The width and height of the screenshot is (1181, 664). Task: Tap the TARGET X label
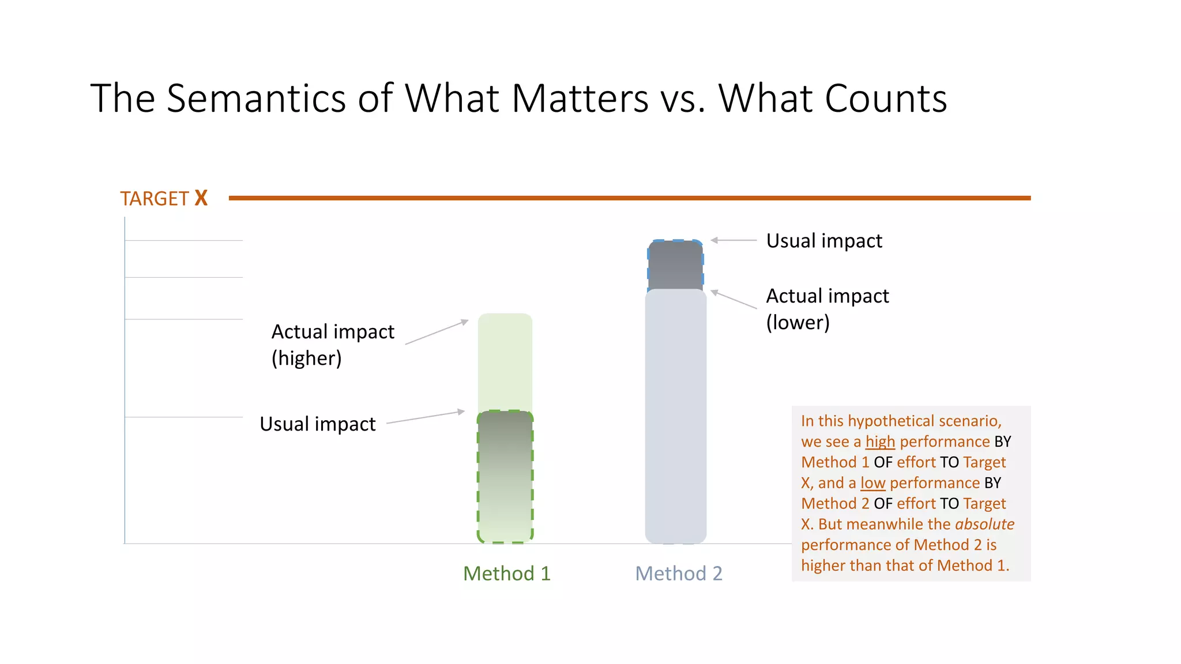pos(164,198)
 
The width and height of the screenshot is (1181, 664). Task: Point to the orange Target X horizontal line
pos(629,198)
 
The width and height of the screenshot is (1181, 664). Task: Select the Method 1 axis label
pos(507,574)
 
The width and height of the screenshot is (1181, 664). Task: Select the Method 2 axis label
pos(678,574)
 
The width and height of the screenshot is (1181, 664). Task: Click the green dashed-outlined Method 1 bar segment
pos(505,476)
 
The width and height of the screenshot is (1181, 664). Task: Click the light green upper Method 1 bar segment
pos(505,361)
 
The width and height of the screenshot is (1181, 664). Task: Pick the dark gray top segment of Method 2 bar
pos(675,265)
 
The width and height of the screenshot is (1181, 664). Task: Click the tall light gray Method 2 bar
pos(675,415)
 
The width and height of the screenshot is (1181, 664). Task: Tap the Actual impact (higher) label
pos(333,345)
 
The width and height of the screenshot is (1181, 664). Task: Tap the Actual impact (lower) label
pos(827,309)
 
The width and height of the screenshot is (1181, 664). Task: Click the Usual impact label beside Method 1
pos(318,424)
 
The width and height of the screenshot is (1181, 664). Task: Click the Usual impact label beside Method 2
pos(824,240)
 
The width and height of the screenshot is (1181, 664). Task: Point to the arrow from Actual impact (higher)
pos(437,332)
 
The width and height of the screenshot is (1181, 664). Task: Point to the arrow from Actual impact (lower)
pos(734,300)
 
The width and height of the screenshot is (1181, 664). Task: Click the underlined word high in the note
pos(880,442)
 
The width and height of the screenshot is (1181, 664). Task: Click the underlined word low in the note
pos(872,483)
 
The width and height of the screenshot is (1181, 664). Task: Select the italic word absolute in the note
pos(984,524)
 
